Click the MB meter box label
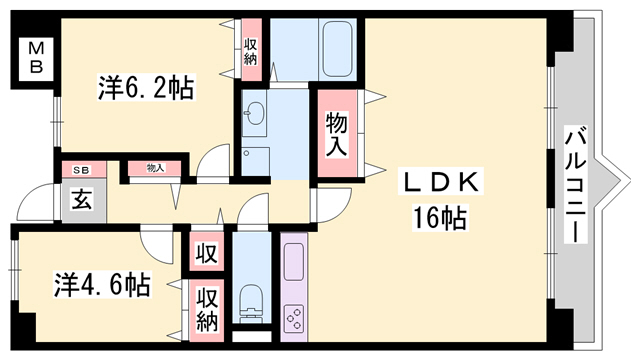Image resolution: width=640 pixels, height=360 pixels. pyautogui.click(x=35, y=58)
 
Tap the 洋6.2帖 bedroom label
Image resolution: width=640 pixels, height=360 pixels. pyautogui.click(x=145, y=88)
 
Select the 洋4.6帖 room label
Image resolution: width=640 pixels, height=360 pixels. pyautogui.click(x=101, y=285)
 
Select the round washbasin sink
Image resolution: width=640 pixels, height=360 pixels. pyautogui.click(x=253, y=114)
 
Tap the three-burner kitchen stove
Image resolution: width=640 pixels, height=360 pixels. pyautogui.click(x=296, y=317)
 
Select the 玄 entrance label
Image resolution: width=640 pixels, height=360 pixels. pyautogui.click(x=79, y=198)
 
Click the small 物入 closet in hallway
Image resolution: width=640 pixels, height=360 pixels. pyautogui.click(x=155, y=168)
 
